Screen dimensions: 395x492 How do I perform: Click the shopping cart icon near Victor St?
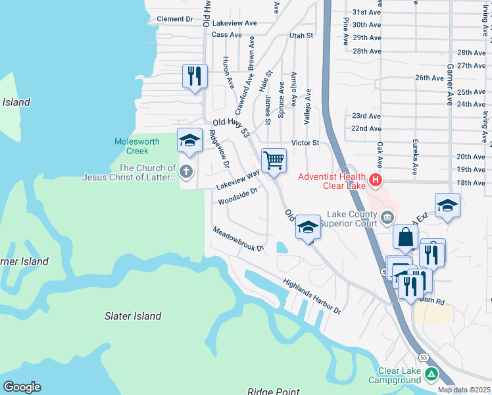(x=274, y=160)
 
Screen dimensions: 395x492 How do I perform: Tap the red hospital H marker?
(x=375, y=179)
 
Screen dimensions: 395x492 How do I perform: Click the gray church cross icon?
(x=186, y=172)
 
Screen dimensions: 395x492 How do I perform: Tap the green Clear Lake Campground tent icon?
(x=431, y=375)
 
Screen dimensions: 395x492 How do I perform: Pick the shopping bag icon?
(x=406, y=237)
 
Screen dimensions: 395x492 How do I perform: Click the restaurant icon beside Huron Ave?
(x=195, y=76)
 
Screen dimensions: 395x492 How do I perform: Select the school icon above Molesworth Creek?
(x=189, y=140)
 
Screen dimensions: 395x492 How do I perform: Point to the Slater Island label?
(x=133, y=316)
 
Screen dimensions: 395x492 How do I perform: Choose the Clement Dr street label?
(x=175, y=19)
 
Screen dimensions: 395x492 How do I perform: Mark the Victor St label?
(x=305, y=142)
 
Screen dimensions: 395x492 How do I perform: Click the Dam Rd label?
(x=432, y=300)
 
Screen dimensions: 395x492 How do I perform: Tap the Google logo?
(x=22, y=387)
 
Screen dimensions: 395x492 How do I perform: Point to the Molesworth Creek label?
(x=136, y=146)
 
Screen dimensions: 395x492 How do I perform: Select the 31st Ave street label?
(x=366, y=13)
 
